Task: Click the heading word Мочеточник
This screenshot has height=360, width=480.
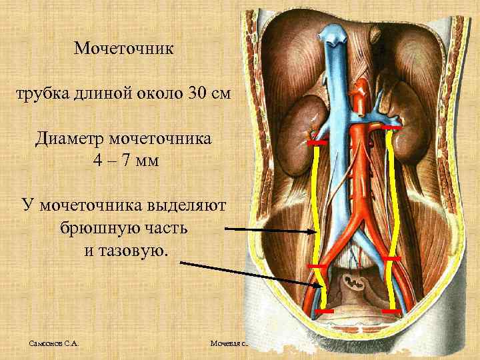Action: pyautogui.click(x=124, y=49)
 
